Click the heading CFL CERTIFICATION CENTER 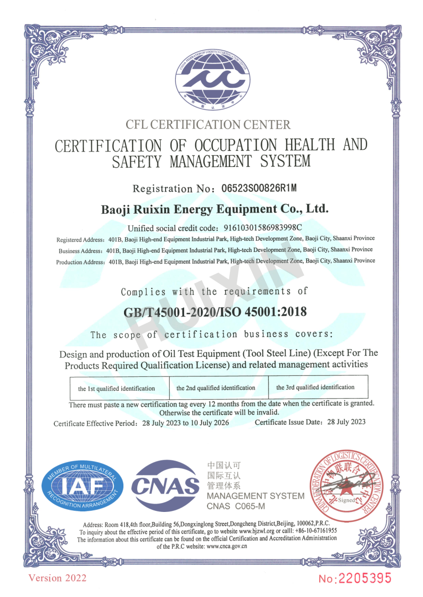208,125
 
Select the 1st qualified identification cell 117,389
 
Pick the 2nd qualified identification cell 215,388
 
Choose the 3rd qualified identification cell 315,387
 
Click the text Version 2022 57,578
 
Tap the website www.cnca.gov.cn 227,546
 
